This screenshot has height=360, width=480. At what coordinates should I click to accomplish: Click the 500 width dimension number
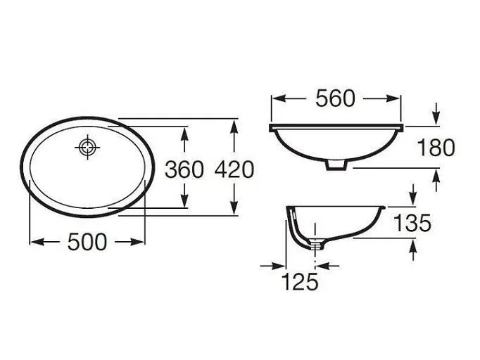[87, 242]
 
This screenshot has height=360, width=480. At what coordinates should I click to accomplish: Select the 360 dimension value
[184, 169]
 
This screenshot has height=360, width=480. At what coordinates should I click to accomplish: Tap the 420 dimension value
[234, 169]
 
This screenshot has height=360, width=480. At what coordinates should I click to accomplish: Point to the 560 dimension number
[335, 98]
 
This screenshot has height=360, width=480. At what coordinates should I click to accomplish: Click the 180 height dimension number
[436, 148]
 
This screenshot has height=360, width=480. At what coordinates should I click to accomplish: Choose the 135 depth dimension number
[412, 222]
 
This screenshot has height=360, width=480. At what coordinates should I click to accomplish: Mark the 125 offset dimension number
[300, 281]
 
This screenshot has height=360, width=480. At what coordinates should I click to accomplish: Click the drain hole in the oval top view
[87, 148]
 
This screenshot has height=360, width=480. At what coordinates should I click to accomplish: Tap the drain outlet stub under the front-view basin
[336, 165]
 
